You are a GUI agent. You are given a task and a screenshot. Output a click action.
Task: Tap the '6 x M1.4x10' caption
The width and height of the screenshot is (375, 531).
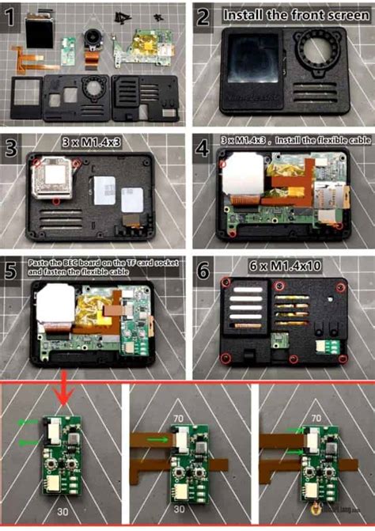tap(282, 268)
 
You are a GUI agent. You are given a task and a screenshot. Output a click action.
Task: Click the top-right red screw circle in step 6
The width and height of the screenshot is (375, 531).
tap(341, 285)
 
